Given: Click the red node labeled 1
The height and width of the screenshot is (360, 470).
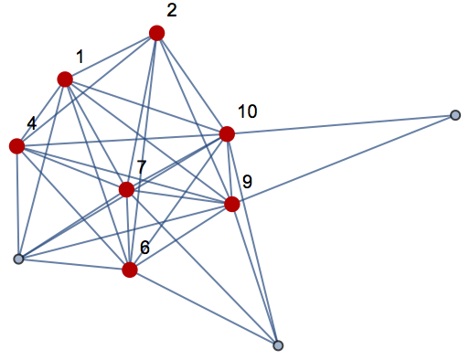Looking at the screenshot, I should coord(65,79).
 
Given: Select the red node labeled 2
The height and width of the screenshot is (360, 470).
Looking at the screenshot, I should coord(156,33).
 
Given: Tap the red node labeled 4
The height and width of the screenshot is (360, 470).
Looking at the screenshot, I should coord(16,146).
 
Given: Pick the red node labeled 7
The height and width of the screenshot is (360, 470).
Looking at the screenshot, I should coord(127,190).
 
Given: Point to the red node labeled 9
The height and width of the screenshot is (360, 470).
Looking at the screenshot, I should coord(232,204).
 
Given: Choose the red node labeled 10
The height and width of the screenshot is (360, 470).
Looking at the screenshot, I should coord(227,134).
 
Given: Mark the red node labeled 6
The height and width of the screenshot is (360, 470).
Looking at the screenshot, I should coord(130,270).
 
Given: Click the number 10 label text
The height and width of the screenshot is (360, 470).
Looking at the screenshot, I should coord(247,111).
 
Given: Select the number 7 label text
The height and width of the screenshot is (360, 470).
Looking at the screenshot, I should coord(142,167).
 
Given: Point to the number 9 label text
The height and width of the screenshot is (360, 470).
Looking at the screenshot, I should coord(247,182).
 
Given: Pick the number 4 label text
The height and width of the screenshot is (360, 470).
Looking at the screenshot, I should coord(31,122).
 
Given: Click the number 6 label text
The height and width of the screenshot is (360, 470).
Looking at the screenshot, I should coord(144,248).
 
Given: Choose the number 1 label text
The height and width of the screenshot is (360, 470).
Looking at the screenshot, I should coord(80,58).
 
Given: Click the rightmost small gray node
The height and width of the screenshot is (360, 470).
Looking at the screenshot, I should coord(455,115).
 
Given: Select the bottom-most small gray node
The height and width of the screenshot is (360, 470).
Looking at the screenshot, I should coord(278,345).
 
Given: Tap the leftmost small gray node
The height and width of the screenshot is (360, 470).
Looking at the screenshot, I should coord(18,259).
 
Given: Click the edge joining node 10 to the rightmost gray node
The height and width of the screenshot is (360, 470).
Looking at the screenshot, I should coord(341,124).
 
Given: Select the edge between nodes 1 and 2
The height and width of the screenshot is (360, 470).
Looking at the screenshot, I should coord(111,57).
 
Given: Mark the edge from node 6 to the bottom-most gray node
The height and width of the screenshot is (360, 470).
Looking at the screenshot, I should coord(204,307).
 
